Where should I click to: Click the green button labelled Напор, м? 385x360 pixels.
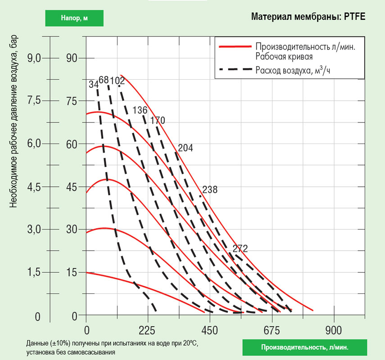coord(74,18)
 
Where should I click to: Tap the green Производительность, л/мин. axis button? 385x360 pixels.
coord(305,347)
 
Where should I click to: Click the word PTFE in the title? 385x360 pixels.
coord(353,18)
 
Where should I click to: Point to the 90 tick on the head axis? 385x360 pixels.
coord(72,58)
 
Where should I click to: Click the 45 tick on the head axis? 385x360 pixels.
coord(72,187)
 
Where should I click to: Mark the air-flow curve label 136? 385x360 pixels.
coord(140,110)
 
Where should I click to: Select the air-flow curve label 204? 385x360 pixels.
coord(186,148)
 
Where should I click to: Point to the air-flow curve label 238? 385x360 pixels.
coord(210,190)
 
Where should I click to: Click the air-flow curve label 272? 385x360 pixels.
coord(240,248)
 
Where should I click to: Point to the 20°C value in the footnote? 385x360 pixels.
coord(190,343)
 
